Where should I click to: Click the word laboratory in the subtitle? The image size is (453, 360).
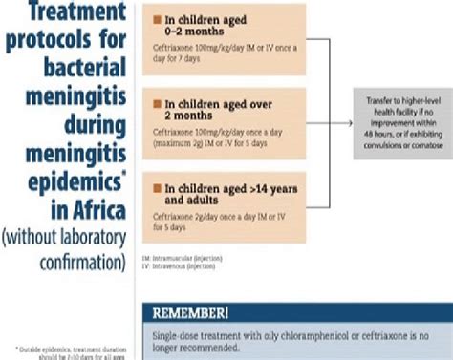[x=88, y=235]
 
